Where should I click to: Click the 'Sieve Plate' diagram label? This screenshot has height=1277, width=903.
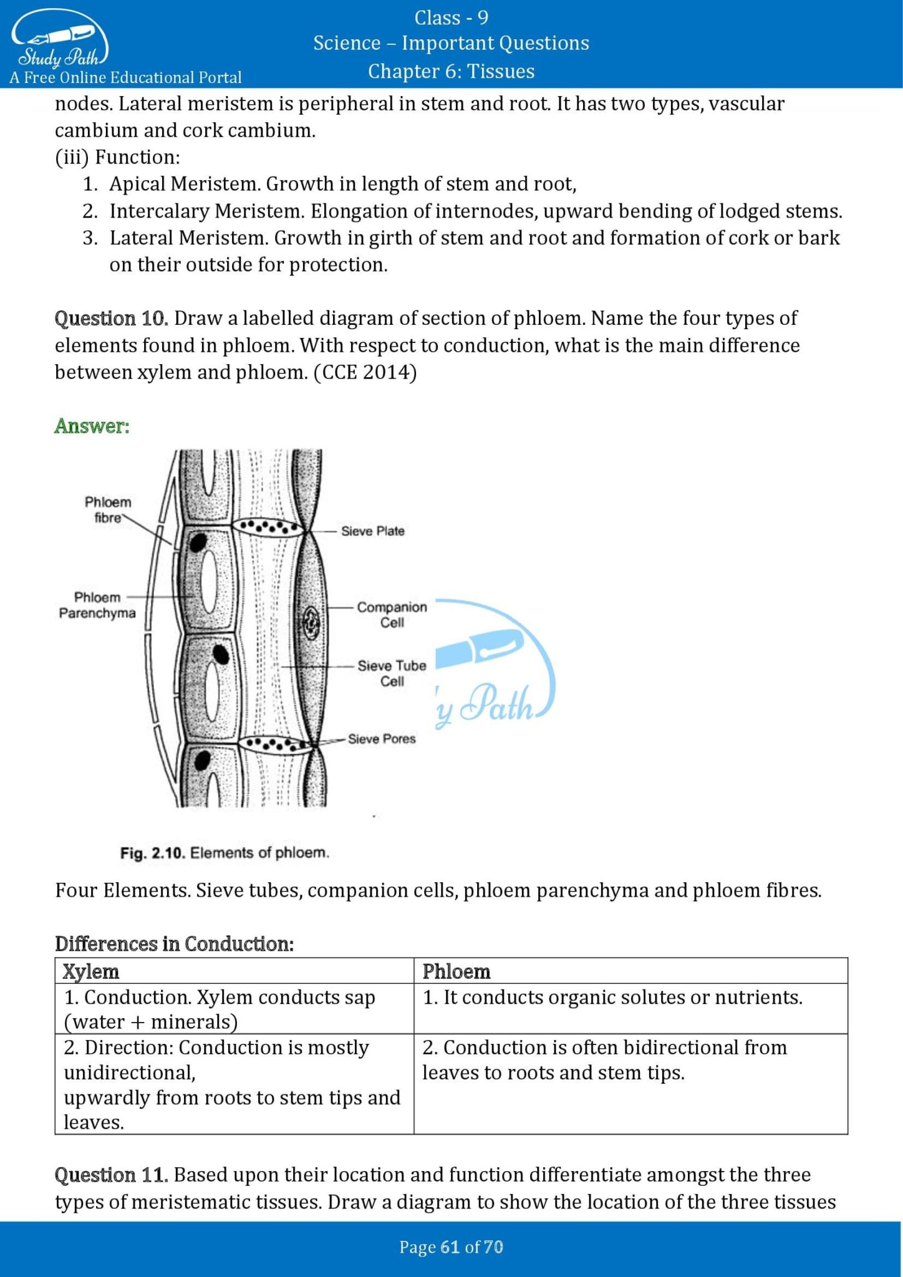(x=372, y=531)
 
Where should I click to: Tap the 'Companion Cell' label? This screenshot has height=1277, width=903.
(x=392, y=614)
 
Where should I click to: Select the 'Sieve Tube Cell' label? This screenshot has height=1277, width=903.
(x=392, y=673)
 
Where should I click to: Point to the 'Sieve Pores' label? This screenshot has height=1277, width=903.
(x=381, y=738)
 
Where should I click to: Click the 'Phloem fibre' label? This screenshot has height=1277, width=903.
(x=108, y=509)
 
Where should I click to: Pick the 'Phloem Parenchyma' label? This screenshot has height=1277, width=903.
(x=97, y=605)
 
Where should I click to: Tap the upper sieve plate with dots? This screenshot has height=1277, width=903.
(x=269, y=527)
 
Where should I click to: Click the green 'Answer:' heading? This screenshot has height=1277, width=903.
(x=92, y=426)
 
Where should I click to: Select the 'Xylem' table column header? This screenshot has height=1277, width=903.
(x=91, y=971)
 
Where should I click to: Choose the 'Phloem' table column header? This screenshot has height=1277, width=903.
(x=456, y=971)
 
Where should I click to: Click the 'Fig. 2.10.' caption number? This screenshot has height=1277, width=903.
(x=153, y=852)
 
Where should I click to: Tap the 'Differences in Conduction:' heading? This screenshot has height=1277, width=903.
(x=174, y=943)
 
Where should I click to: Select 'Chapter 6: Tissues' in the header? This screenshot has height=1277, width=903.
(x=451, y=71)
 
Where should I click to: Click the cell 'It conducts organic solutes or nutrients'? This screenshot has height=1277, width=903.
(x=612, y=997)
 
